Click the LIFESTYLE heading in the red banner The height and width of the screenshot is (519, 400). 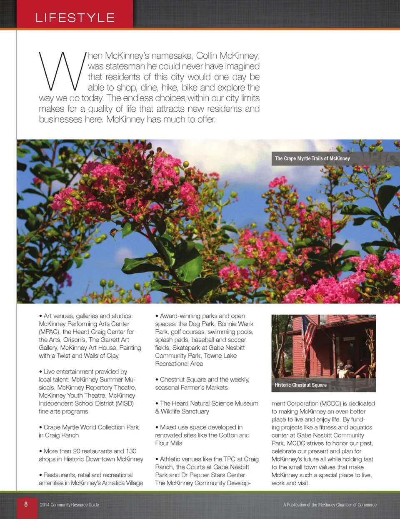[x=75, y=18]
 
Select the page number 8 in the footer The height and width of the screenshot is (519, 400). [x=26, y=504]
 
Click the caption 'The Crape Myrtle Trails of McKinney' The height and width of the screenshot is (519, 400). [x=312, y=158]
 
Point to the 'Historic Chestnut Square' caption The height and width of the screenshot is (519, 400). [x=300, y=385]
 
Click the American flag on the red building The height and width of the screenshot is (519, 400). [x=309, y=333]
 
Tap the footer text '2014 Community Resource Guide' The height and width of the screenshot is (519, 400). [x=70, y=505]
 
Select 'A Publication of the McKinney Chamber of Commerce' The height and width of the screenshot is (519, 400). [x=330, y=505]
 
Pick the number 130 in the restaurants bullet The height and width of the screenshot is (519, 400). [x=131, y=451]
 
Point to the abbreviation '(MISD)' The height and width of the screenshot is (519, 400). [x=125, y=404]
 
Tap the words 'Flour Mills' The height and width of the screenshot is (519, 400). [x=169, y=443]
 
